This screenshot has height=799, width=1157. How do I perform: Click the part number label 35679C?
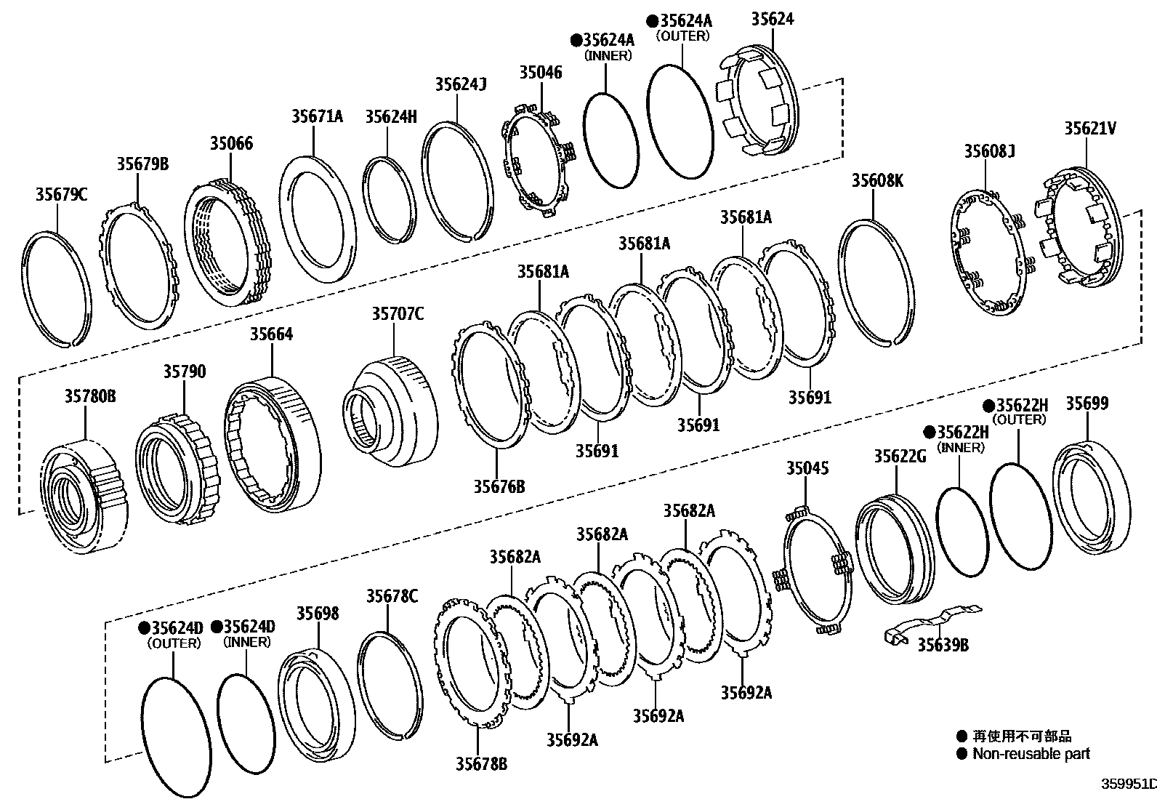tap(61, 194)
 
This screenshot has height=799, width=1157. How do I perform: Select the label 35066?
tap(231, 143)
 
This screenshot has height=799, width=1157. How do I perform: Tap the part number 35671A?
tap(317, 116)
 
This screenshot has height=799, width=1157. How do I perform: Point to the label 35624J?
tap(460, 84)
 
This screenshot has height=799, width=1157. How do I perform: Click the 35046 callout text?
tap(541, 72)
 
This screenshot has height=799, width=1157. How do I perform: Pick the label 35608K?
tap(877, 180)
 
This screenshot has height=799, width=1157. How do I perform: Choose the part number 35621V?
tap(1090, 129)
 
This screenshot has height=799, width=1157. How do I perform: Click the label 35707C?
tap(398, 314)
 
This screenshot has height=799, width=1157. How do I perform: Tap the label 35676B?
tap(499, 486)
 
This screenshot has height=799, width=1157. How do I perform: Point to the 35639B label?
tap(943, 644)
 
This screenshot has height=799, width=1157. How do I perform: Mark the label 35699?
tap(1087, 403)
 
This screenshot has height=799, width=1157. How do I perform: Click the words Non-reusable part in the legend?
tap(1031, 754)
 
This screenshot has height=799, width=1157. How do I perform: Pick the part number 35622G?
tap(900, 456)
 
